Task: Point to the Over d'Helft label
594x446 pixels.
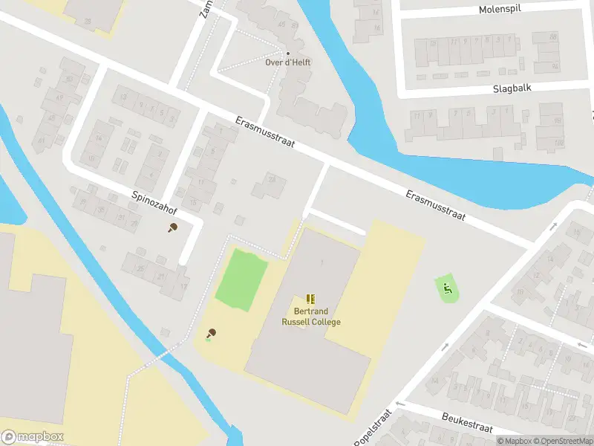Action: click(x=288, y=62)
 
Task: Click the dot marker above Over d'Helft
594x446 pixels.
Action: click(x=288, y=53)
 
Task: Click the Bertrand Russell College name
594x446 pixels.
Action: click(x=311, y=317)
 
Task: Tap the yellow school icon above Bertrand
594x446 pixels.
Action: click(x=310, y=299)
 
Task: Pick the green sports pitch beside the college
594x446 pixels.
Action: click(x=241, y=280)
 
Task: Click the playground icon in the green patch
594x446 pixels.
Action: click(x=446, y=288)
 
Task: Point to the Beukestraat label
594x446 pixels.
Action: click(x=467, y=424)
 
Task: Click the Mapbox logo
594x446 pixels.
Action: click(x=33, y=437)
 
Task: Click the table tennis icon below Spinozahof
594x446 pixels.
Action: click(x=173, y=227)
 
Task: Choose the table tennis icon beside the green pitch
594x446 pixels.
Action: click(x=211, y=333)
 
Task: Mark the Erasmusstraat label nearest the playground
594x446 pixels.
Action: click(x=436, y=205)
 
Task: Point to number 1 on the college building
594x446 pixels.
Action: click(x=322, y=262)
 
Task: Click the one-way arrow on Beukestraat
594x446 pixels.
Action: click(x=399, y=404)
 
